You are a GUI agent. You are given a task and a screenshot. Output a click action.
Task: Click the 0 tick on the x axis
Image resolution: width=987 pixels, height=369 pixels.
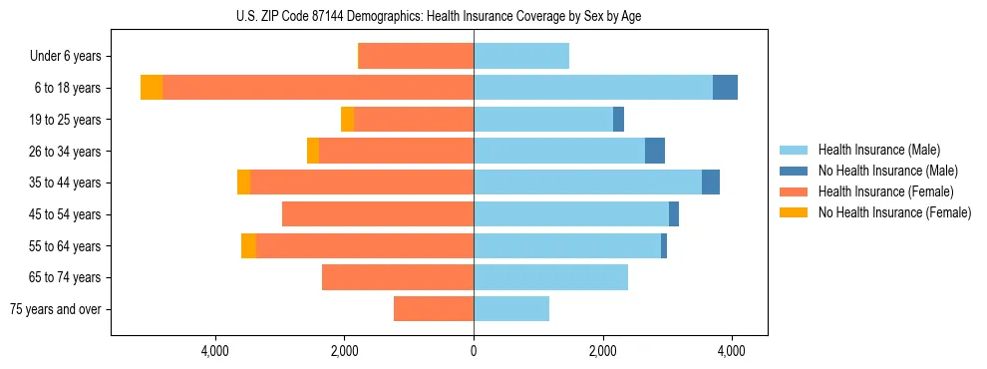tap(474, 351)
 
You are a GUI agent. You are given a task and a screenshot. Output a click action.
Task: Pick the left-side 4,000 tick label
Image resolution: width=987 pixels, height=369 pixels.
tap(215, 351)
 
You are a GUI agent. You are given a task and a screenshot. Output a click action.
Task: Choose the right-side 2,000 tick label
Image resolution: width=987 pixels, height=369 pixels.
tap(602, 351)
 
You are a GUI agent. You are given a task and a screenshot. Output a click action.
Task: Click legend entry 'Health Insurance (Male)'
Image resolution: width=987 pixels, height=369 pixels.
tap(879, 150)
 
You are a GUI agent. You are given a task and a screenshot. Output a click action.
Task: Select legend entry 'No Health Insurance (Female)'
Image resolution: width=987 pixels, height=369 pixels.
tap(894, 212)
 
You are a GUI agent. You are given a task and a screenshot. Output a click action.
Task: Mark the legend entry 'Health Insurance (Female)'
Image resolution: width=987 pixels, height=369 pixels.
tap(886, 191)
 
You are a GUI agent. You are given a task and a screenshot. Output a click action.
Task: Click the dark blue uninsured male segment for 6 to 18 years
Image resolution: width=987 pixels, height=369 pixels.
tap(725, 88)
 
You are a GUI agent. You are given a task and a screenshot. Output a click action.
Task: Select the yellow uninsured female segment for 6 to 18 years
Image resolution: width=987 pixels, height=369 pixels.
tap(152, 88)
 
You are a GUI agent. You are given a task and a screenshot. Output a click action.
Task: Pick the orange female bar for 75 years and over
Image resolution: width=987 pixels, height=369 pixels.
tap(434, 309)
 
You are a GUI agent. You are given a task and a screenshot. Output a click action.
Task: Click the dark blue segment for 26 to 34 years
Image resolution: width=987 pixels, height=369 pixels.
tap(655, 151)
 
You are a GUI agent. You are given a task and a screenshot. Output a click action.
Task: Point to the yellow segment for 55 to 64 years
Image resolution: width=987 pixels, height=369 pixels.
tap(248, 245)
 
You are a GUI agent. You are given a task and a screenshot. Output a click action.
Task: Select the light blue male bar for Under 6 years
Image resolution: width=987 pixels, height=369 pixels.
tap(521, 56)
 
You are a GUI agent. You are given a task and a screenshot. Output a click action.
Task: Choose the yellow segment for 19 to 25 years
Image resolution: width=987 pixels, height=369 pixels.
tap(348, 120)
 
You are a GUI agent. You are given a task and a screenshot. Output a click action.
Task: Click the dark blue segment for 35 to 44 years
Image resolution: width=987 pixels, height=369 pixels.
tap(711, 183)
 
